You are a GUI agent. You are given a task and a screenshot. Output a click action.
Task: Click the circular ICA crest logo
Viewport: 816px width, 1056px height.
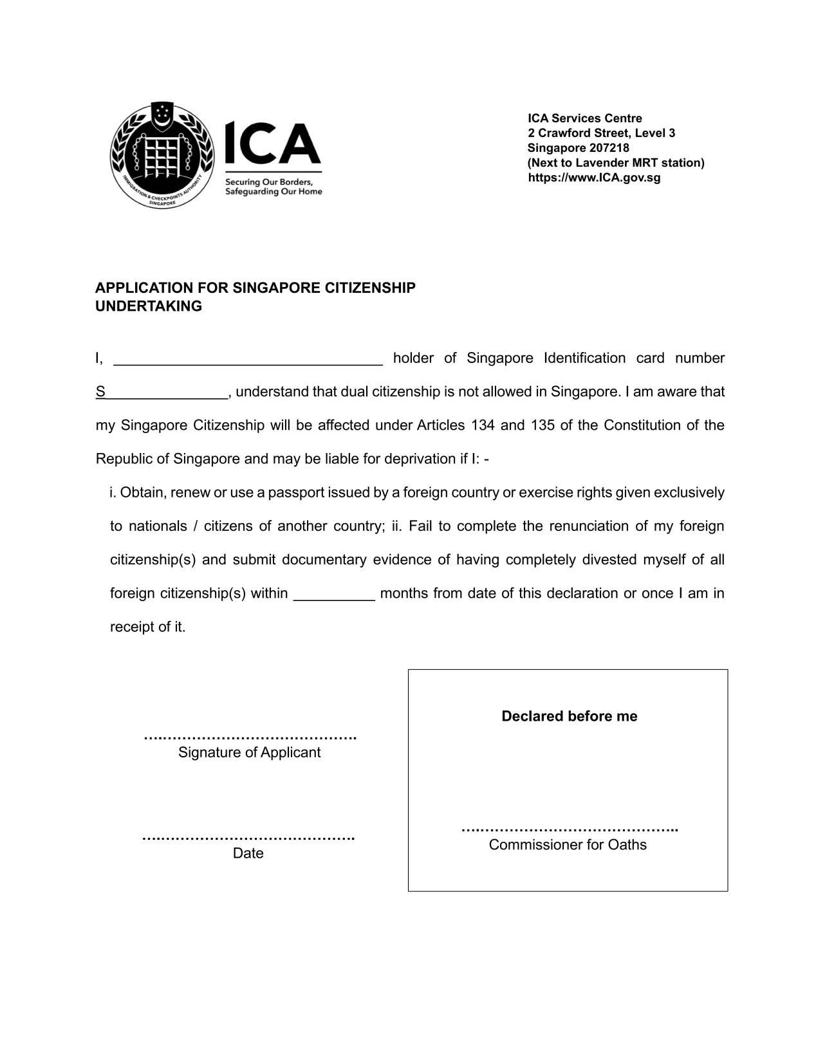coord(162,155)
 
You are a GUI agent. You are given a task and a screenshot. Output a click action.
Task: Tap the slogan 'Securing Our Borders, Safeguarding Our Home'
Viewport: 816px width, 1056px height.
coord(273,187)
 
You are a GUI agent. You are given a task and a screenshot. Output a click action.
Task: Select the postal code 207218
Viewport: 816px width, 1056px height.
coord(609,148)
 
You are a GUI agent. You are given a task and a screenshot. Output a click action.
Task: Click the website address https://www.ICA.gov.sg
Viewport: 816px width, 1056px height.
coord(594,178)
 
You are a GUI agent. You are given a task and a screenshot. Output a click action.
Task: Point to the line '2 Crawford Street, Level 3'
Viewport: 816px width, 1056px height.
coord(601,133)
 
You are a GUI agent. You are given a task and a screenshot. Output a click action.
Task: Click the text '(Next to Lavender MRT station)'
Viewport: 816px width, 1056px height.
coord(616,163)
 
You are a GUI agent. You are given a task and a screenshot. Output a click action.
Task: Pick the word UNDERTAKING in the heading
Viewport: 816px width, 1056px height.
coord(149,306)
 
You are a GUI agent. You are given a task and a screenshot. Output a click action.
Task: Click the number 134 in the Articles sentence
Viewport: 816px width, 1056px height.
coord(483,425)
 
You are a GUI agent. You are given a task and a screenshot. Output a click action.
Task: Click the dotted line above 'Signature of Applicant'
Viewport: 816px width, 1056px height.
coord(250,737)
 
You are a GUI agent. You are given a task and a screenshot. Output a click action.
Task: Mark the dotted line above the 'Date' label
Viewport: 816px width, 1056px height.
coord(248,838)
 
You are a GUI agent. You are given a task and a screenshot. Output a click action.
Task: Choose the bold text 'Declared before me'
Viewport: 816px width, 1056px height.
coord(570,716)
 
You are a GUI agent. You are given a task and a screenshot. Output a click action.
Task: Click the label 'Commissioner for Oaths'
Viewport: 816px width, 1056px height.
coord(568,845)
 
